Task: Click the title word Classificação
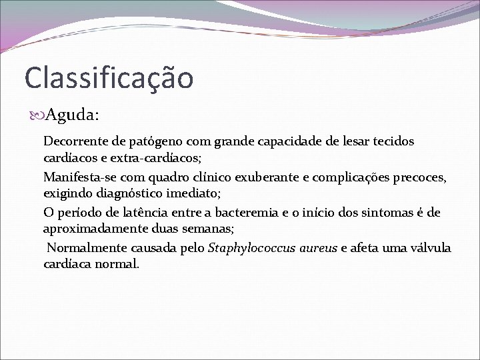click(x=109, y=78)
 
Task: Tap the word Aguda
click(x=73, y=115)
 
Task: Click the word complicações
click(x=353, y=178)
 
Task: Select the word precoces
click(x=423, y=178)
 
